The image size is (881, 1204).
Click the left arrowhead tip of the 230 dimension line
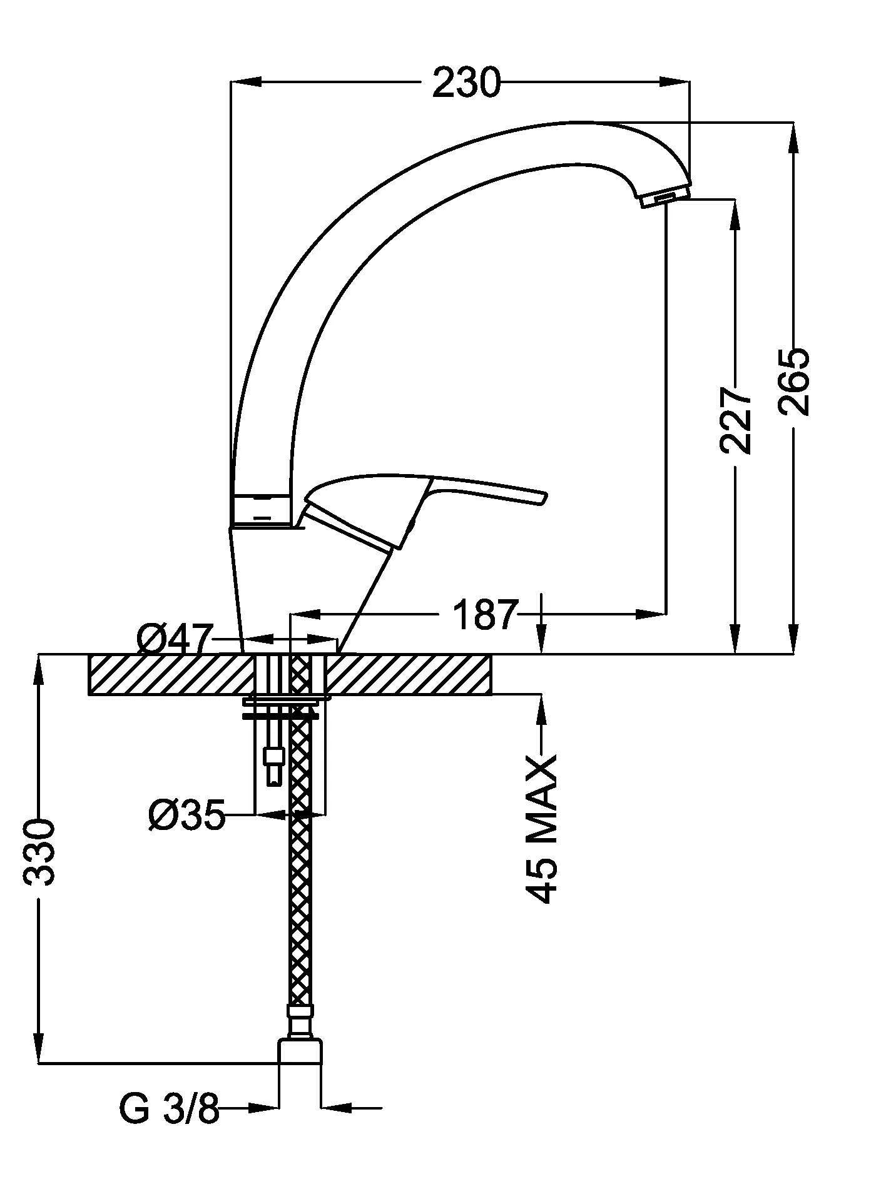232,81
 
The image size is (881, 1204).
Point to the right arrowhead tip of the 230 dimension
690,81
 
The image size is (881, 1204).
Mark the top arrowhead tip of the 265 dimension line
793,123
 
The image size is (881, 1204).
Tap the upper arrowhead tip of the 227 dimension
736,200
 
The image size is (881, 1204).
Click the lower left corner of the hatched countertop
89,694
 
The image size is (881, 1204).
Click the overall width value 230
467,83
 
